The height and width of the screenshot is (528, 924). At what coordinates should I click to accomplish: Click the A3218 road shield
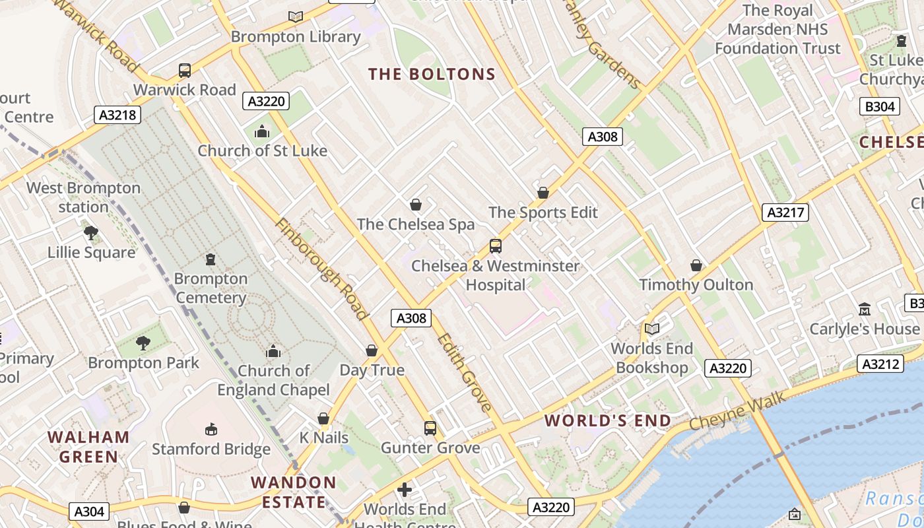click(117, 115)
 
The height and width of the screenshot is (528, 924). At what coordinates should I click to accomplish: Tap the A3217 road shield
click(785, 212)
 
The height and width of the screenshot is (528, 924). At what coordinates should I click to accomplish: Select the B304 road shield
click(880, 106)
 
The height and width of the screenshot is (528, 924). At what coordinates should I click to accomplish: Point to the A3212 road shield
click(880, 364)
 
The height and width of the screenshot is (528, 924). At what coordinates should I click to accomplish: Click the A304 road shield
click(89, 511)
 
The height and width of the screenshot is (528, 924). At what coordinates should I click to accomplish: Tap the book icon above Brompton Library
click(296, 16)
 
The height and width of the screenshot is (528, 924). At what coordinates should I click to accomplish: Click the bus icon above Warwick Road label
click(185, 70)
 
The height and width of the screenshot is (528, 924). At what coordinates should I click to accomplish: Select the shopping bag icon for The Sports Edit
click(543, 193)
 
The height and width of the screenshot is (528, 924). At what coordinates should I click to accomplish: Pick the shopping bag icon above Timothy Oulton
click(696, 265)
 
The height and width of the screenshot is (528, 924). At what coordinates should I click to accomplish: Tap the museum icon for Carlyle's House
click(865, 309)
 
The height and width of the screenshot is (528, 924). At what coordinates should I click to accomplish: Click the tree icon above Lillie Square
click(91, 232)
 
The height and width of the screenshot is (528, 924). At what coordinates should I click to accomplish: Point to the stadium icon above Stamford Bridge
click(211, 430)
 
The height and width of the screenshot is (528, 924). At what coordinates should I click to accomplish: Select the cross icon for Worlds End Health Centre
click(405, 490)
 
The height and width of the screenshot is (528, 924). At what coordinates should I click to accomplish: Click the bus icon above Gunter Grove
click(430, 428)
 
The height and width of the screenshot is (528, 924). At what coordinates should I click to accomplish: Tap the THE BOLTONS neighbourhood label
click(432, 74)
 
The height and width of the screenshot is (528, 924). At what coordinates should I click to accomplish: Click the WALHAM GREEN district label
click(89, 446)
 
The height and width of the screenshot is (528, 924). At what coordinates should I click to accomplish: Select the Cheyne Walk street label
click(737, 411)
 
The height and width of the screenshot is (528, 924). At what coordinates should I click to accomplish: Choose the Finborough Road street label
click(321, 269)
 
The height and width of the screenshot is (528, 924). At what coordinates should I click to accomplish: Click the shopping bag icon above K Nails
click(323, 418)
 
